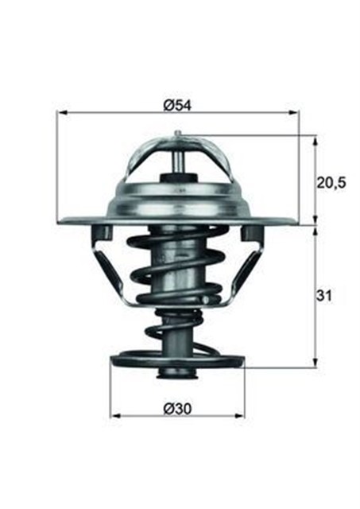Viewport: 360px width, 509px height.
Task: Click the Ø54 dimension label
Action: point(177,103)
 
